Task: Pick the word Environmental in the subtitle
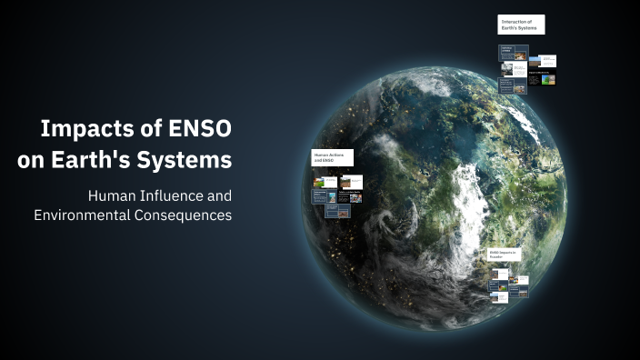(84, 215)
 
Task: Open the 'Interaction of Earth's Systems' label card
(521, 25)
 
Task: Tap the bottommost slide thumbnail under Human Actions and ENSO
(337, 212)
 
